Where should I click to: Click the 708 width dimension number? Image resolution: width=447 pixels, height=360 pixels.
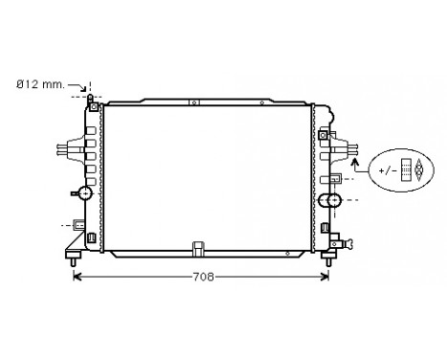[x=202, y=278]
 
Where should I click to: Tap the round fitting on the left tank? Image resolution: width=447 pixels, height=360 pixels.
[x=84, y=193]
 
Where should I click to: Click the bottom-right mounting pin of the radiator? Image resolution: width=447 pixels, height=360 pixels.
[x=328, y=258]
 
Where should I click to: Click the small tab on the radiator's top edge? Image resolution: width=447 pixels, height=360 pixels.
[x=192, y=100]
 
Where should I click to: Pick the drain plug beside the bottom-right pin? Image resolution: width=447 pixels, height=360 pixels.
[x=338, y=244]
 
